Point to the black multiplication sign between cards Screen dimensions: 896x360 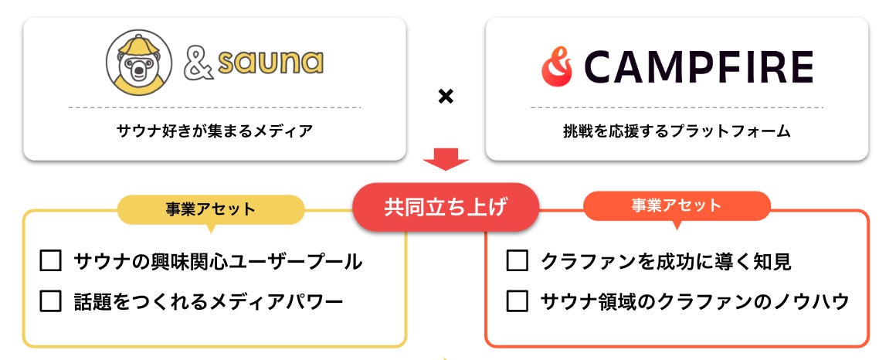tap(446, 97)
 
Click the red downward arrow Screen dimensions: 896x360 tap(446, 160)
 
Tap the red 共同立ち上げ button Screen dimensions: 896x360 tap(446, 207)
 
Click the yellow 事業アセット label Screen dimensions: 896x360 tap(210, 209)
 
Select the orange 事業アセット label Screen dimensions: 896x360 tap(676, 205)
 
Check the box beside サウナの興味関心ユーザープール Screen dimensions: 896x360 tap(50, 261)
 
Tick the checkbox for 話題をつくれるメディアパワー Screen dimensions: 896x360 tap(50, 301)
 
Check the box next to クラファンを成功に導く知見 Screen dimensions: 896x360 tap(517, 261)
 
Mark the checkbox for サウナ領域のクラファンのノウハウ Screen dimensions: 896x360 tap(517, 301)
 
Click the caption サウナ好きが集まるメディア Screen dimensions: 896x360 tap(215, 131)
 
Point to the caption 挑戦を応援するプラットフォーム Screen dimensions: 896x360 tap(677, 131)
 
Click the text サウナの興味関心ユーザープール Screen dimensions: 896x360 tap(219, 261)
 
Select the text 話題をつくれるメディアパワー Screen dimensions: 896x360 tap(209, 301)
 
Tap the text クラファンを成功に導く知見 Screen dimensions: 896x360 tap(667, 261)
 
